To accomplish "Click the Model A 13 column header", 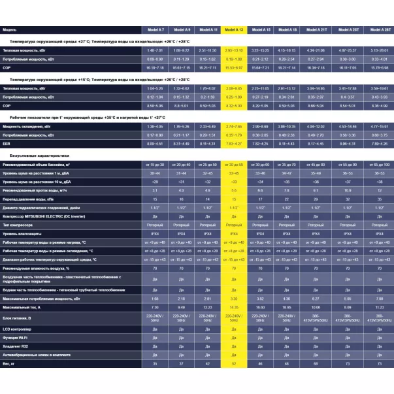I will click(x=233, y=30).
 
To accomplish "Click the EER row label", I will click(x=8, y=143).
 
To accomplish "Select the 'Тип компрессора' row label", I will click(x=22, y=223).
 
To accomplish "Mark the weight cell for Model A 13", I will click(x=233, y=363).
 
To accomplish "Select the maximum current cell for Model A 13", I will click(x=233, y=306).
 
